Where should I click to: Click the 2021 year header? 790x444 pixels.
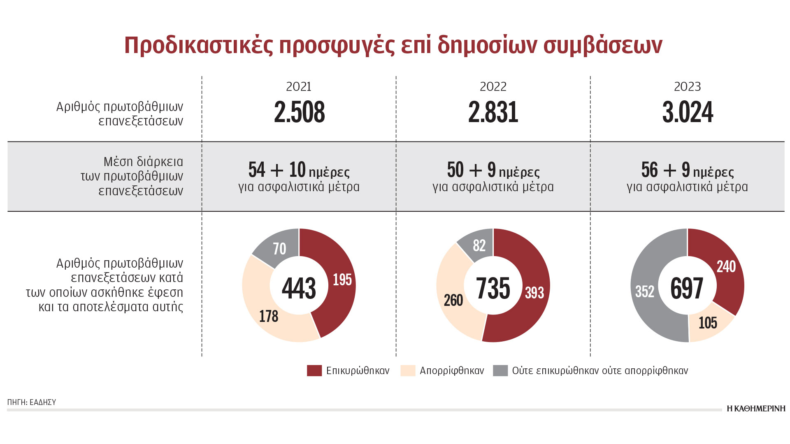[299, 87]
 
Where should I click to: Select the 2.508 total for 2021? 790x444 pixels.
[300, 112]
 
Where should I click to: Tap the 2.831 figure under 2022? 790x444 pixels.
[493, 112]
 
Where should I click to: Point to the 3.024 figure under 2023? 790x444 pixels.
[688, 112]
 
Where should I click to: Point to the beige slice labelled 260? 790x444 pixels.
[453, 300]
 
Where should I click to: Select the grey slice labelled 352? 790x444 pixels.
[644, 291]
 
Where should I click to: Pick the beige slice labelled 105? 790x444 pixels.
[708, 323]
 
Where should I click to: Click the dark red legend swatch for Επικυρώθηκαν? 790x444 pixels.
[314, 370]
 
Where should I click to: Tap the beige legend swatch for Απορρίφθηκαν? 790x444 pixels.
[407, 370]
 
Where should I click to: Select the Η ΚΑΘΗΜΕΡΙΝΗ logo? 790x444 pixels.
[756, 408]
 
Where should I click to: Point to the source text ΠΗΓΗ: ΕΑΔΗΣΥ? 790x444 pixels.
[32, 402]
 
